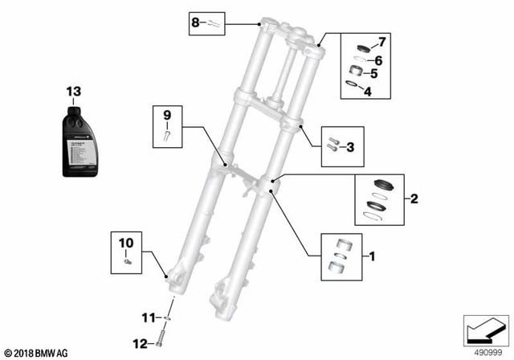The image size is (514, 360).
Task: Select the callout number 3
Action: [x=350, y=146]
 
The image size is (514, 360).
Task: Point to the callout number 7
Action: [x=382, y=40]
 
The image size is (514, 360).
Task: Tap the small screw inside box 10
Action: [x=126, y=260]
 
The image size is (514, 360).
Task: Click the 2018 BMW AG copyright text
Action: [x=37, y=351]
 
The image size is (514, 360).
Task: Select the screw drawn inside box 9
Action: [x=168, y=134]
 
